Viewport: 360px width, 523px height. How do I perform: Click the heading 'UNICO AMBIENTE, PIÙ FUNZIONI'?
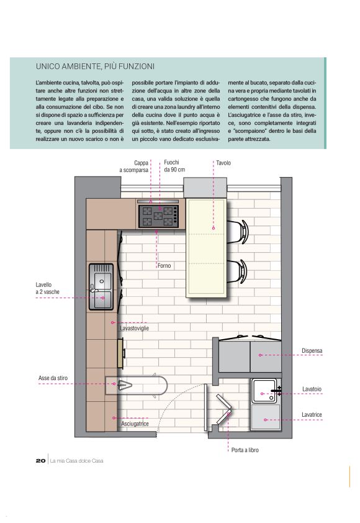coord(95,66)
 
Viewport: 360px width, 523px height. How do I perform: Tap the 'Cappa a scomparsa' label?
coord(133,166)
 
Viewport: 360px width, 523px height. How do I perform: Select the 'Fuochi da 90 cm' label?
coord(174,166)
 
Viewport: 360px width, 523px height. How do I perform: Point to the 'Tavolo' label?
coord(223,163)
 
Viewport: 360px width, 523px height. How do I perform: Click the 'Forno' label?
coord(164,266)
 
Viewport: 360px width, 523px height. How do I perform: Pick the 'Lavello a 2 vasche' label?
coord(47,288)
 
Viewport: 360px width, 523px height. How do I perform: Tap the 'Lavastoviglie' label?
coord(135,328)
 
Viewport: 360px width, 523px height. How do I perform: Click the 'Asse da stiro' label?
coord(53,378)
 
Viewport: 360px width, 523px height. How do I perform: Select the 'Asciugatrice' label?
coord(135,424)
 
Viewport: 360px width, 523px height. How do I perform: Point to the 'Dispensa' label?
coord(312,351)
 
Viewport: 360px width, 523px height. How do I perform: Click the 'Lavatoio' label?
coord(312,389)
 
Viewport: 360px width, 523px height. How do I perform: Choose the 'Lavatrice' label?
coord(312,415)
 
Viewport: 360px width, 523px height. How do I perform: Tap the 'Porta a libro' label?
coord(245,450)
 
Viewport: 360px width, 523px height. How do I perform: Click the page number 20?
coord(41,461)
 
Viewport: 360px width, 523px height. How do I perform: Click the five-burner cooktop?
coord(158,216)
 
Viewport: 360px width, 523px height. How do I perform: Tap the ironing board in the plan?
coord(137,386)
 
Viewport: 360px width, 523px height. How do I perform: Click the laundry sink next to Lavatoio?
coord(264,391)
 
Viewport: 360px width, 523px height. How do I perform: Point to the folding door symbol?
coord(223,409)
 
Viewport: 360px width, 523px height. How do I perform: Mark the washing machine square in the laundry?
coord(266,417)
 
